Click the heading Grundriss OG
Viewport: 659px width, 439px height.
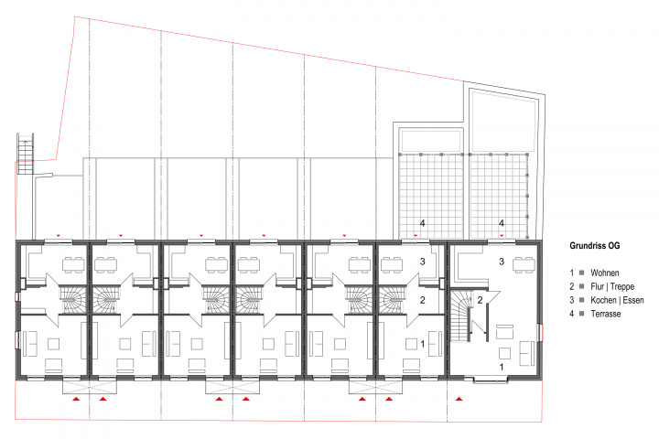[x=594, y=246]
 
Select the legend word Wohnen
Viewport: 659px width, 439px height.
[x=605, y=273]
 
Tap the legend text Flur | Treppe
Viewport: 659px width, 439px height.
[x=612, y=286]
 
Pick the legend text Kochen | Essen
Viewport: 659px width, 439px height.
[x=617, y=300]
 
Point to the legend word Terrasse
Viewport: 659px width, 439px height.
[x=606, y=314]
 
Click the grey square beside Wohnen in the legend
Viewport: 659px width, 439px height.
[x=582, y=273]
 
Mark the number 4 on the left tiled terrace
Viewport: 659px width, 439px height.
[x=422, y=223]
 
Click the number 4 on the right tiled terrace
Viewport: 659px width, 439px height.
[x=502, y=223]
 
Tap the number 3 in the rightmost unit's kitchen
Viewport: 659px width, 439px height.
[x=502, y=262]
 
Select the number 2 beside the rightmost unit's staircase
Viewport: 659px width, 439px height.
[x=480, y=300]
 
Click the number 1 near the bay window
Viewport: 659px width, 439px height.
[x=502, y=367]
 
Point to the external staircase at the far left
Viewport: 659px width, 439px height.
[x=25, y=154]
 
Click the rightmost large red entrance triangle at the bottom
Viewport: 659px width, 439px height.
[x=459, y=398]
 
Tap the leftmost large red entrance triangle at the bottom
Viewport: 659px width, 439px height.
[x=76, y=398]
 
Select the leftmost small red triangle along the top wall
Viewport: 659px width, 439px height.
[x=59, y=236]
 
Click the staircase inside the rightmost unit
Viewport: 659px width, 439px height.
[x=461, y=316]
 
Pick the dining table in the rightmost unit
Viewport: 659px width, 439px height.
[x=524, y=264]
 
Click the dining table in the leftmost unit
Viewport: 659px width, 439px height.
[x=73, y=264]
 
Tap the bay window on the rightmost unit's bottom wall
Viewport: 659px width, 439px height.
[x=490, y=380]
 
